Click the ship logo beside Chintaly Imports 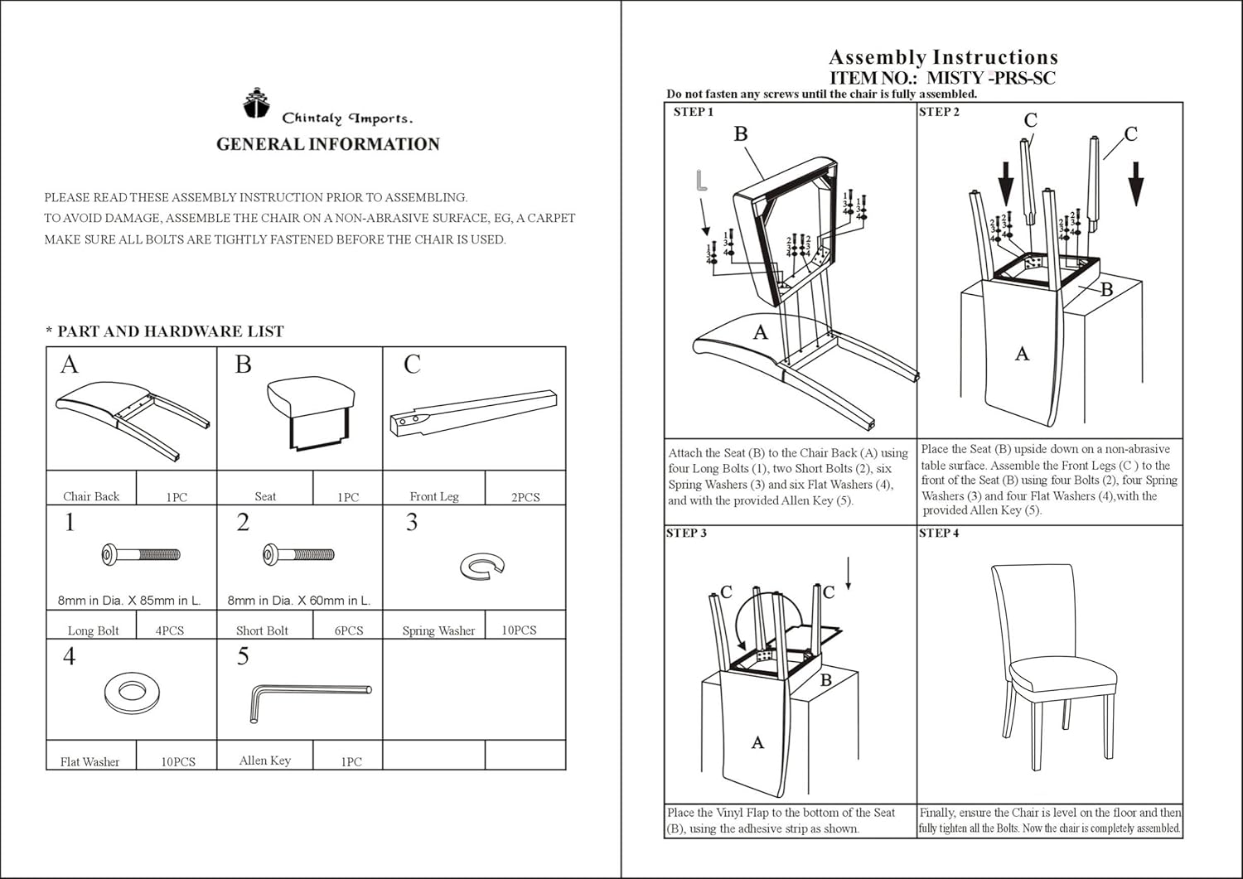(257, 103)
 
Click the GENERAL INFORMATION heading (328, 144)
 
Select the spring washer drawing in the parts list (481, 567)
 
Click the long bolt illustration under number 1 (140, 554)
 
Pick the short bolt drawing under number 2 (298, 554)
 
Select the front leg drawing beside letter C (472, 412)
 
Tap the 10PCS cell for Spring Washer (519, 630)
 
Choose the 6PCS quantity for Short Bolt (349, 630)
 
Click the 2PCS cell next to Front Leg (525, 496)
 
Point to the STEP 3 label (687, 533)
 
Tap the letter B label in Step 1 (741, 134)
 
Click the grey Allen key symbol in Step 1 (701, 181)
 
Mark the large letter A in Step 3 (757, 743)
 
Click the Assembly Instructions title (943, 57)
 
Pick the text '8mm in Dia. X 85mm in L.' (129, 600)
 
